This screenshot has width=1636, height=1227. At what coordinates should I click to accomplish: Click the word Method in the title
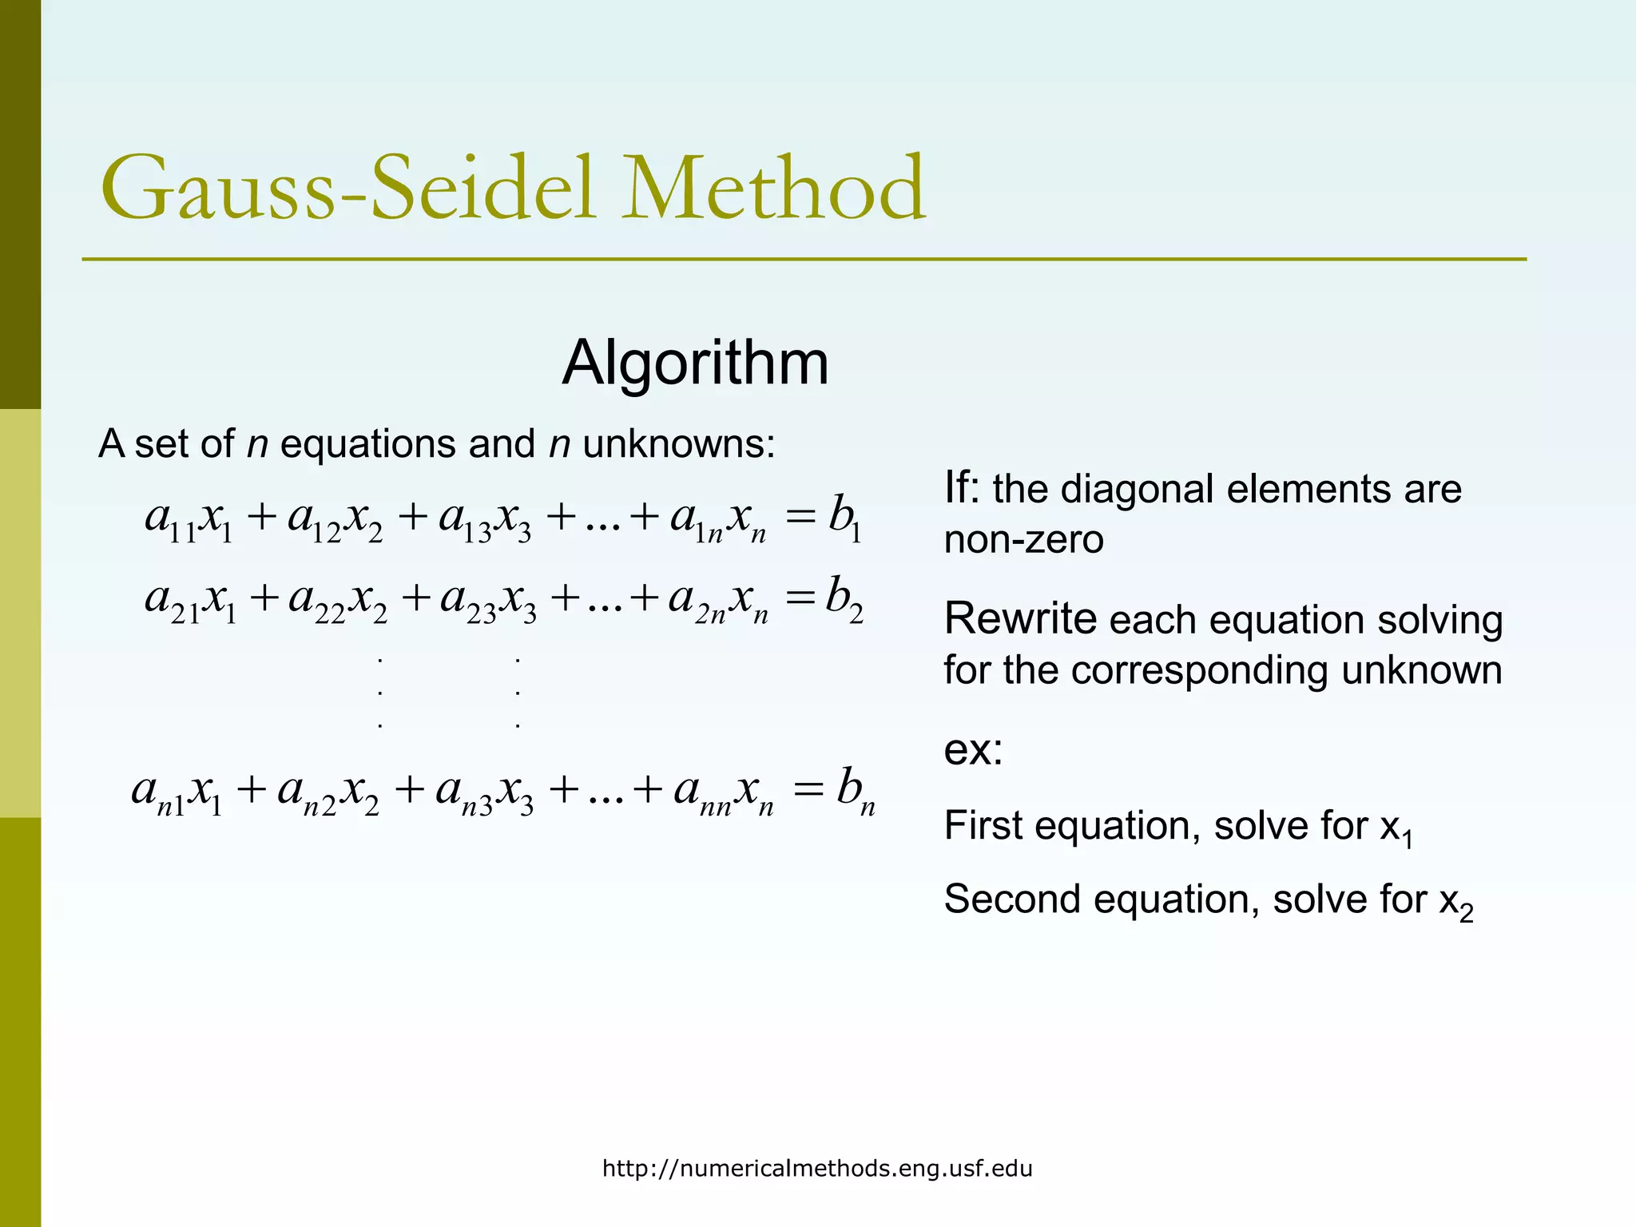coord(773,189)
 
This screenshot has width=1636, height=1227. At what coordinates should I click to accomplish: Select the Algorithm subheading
coord(695,363)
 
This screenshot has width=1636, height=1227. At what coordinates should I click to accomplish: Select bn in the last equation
coord(855,791)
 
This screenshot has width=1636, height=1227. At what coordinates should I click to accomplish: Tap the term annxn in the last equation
coord(724,792)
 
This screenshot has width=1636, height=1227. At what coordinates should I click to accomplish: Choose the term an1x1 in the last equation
coord(177,792)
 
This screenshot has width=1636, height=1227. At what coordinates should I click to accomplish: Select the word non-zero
coord(1023,540)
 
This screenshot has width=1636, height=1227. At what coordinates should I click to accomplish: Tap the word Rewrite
coord(1020,619)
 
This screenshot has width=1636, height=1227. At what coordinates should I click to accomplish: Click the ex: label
coord(972,749)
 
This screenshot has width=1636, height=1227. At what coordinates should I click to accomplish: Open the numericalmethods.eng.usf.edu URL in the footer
coord(817,1169)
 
